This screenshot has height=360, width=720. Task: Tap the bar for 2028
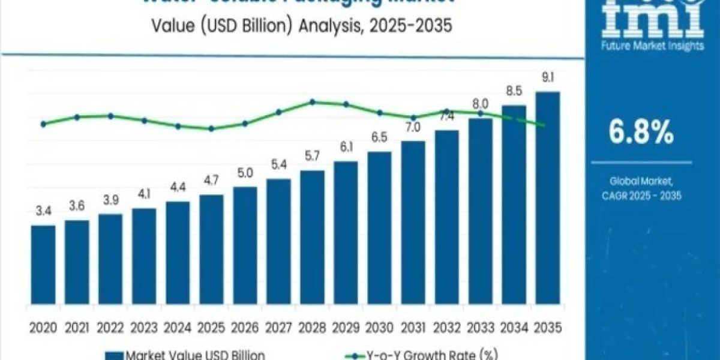[x=312, y=240]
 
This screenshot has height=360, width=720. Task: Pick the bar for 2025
[x=211, y=252]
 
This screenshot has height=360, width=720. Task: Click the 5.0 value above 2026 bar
[x=245, y=172]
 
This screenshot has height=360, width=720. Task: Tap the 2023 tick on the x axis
[x=143, y=328]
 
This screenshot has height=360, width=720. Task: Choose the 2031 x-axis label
[x=412, y=328]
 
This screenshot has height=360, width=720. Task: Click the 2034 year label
[x=514, y=328]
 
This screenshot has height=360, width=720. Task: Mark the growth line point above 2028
[x=312, y=102]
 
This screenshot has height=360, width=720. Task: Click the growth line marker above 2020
[x=43, y=124]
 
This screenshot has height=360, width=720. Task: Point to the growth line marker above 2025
[x=211, y=128]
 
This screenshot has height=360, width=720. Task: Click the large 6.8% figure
[x=641, y=133]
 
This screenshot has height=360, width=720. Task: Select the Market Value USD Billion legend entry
[x=186, y=355]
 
